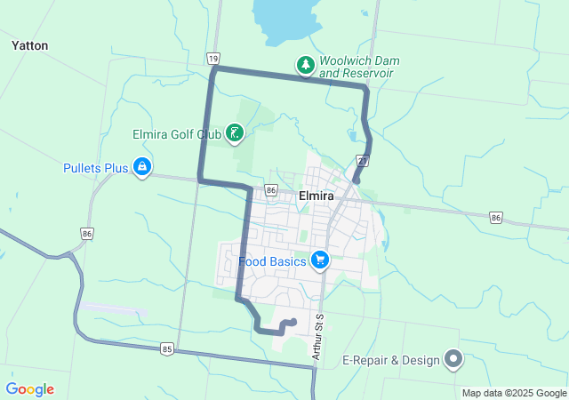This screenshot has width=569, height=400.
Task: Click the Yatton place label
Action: (30, 45)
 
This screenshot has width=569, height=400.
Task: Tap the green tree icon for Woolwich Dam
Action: (305, 65)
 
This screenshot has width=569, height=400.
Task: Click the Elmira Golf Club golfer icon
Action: (235, 134)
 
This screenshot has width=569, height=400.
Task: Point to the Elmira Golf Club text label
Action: (176, 134)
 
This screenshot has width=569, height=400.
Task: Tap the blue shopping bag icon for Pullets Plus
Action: (142, 167)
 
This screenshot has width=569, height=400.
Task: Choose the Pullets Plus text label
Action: (96, 167)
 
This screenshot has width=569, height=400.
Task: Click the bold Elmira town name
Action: (317, 196)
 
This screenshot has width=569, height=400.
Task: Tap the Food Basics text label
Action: (273, 262)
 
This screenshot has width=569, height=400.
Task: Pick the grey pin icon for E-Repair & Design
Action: (453, 360)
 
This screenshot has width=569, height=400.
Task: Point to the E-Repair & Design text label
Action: (392, 361)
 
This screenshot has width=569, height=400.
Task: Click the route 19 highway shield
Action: (213, 59)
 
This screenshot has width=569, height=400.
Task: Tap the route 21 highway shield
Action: (363, 161)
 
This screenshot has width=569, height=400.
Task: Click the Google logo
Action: (30, 389)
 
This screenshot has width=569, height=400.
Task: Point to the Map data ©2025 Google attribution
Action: (514, 393)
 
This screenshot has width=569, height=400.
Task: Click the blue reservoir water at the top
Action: (284, 18)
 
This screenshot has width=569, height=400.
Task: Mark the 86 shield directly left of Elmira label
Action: (270, 191)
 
